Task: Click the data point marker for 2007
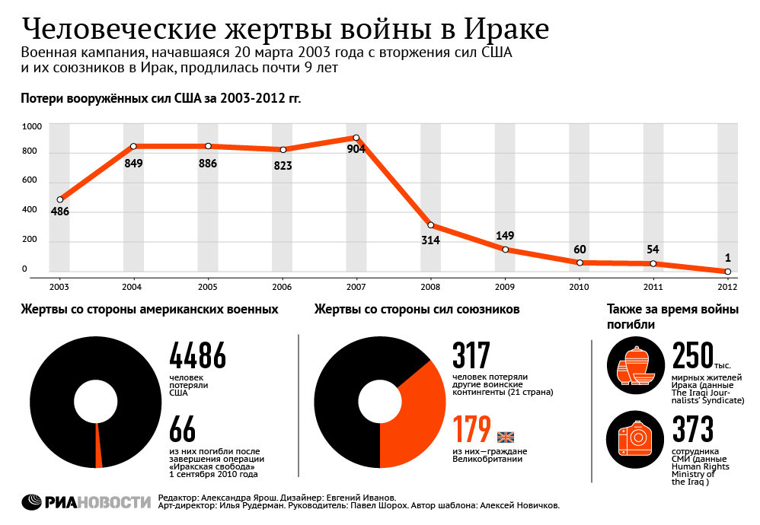click(356, 138)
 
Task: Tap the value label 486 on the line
click(60, 212)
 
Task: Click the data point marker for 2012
click(728, 272)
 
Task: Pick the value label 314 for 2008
click(432, 240)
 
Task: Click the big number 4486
click(197, 356)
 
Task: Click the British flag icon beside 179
click(506, 437)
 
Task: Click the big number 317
click(471, 356)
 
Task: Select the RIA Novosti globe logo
click(32, 502)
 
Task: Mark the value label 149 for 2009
click(505, 235)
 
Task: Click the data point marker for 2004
click(133, 146)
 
